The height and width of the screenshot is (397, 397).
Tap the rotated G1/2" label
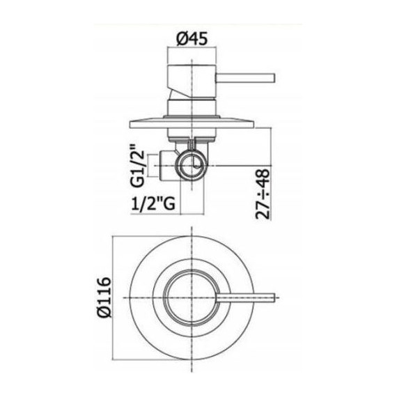coord(139,166)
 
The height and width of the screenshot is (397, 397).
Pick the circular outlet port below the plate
coord(193,165)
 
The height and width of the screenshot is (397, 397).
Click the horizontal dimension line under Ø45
coord(192,52)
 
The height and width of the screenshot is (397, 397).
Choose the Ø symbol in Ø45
coord(180,40)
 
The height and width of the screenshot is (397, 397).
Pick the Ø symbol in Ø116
coord(103,313)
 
